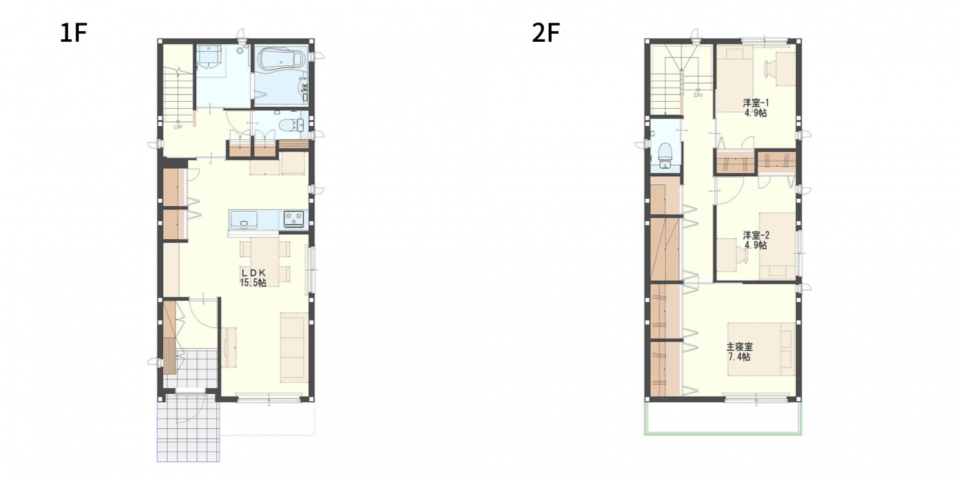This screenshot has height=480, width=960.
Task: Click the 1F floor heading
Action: click(74, 33)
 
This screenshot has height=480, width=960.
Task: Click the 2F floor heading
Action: click(546, 33)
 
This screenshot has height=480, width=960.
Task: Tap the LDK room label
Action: click(253, 272)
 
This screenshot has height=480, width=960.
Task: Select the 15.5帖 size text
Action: click(253, 282)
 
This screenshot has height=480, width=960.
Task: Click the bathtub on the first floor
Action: click(280, 59)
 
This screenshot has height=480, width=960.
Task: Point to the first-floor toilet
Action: click(291, 126)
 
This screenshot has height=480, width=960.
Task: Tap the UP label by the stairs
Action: click(177, 127)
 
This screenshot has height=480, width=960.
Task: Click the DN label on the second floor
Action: click(698, 95)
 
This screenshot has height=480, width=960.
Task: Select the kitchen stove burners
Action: click(294, 219)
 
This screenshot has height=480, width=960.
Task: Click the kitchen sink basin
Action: click(244, 220)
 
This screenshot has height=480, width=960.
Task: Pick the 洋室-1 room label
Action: click(756, 103)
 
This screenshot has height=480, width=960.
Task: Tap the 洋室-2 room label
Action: click(756, 235)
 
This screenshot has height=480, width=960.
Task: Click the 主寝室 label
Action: click(740, 347)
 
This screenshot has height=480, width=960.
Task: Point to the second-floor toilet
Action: click(665, 155)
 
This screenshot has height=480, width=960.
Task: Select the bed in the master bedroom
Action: click(762, 349)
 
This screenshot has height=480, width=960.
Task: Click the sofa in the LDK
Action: click(294, 347)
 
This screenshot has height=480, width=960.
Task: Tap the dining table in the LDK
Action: click(265, 261)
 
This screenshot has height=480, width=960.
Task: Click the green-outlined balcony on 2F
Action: click(723, 418)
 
